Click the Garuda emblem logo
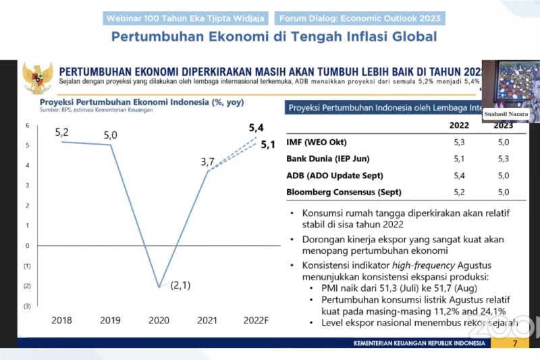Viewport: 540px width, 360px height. [37, 78]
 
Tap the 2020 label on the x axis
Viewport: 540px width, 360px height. [159, 320]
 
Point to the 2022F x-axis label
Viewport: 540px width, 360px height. [256, 320]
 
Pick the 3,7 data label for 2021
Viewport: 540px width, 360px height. [208, 162]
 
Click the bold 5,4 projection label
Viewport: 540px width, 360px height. [256, 128]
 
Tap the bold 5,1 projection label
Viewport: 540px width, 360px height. [268, 145]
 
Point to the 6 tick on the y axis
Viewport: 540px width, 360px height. [27, 126]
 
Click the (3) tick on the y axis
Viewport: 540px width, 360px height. [27, 306]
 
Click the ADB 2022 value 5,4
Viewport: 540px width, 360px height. [459, 176]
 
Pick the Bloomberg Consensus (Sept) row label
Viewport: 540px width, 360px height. [344, 192]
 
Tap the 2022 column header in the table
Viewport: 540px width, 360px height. [460, 125]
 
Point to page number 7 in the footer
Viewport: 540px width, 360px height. [514, 343]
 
